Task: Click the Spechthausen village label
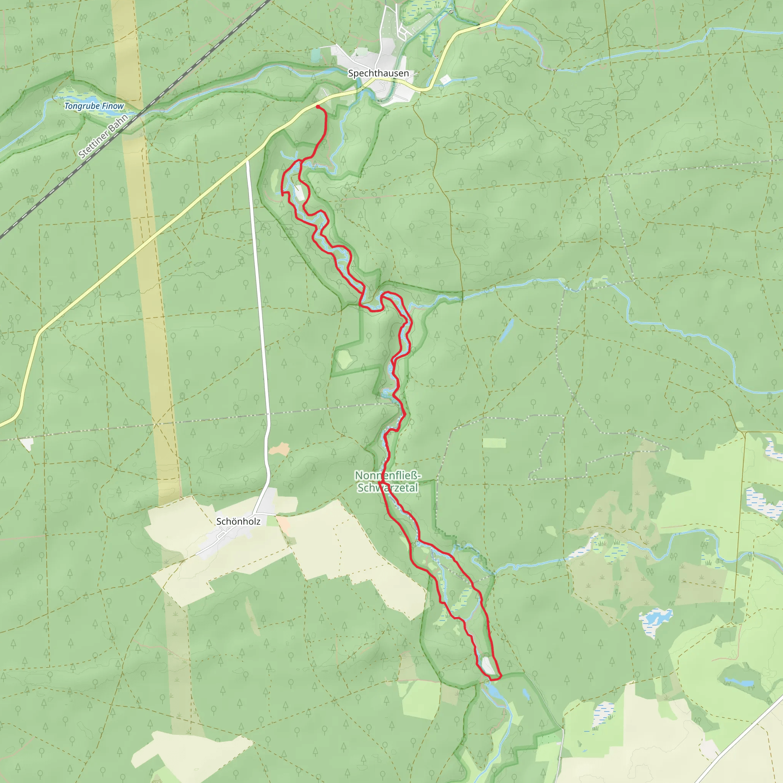[x=378, y=73]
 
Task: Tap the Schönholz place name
[x=238, y=521]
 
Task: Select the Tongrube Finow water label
[x=94, y=106]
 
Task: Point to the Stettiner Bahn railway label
[x=103, y=136]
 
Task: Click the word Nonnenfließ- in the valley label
[x=388, y=475]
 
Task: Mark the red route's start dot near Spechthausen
[x=318, y=107]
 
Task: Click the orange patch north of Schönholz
[x=279, y=449]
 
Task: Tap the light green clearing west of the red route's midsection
[x=344, y=359]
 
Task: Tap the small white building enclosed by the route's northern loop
[x=299, y=193]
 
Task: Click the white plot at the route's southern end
[x=487, y=666]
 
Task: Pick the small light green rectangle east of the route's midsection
[x=494, y=443]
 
